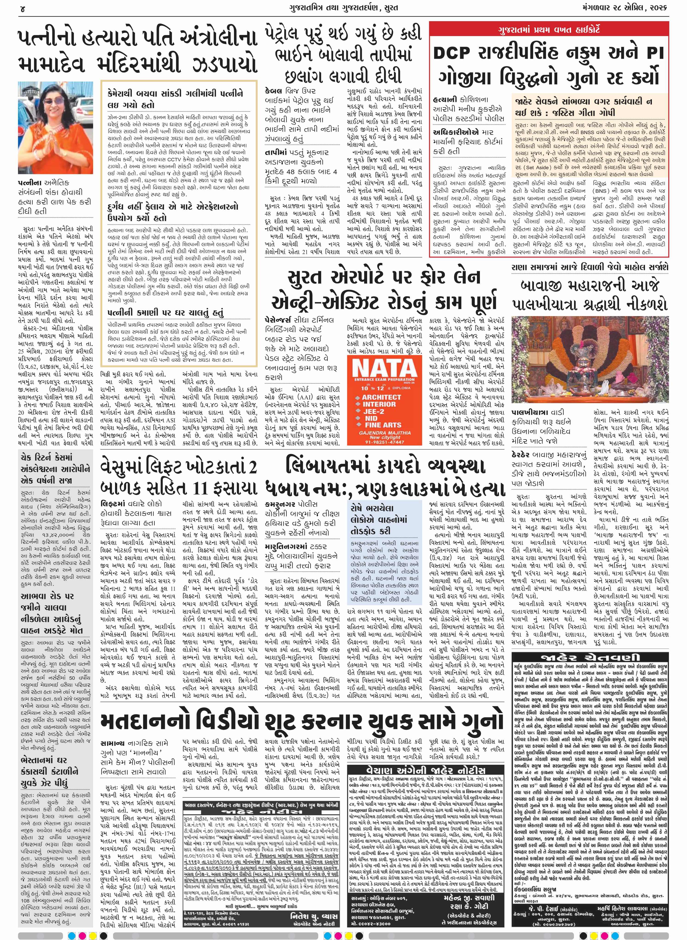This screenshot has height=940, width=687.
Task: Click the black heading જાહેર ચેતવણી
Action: click(590, 657)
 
